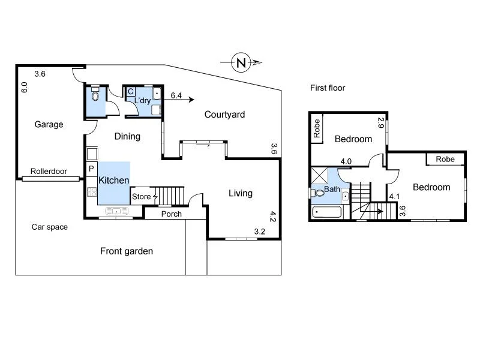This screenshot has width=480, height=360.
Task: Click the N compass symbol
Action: (241, 62)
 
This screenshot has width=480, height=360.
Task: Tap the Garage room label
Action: (49, 124)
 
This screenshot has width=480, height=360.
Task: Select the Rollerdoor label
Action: (49, 171)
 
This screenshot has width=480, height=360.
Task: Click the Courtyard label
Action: (224, 115)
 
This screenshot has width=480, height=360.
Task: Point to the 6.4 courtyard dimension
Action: (176, 95)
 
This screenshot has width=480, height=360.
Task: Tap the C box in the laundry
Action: (131, 92)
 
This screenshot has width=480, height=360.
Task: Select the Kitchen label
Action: (113, 180)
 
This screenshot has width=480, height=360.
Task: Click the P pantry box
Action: (91, 169)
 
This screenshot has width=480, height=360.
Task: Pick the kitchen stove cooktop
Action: (92, 191)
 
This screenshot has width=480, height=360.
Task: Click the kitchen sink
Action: (116, 211)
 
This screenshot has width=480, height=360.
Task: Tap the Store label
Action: (141, 197)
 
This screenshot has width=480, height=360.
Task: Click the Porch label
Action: (172, 214)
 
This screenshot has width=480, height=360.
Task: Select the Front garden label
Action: (127, 251)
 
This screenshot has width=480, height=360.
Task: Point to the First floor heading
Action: (328, 88)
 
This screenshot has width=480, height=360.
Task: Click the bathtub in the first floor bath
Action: (326, 212)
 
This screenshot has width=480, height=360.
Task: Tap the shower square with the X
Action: (319, 175)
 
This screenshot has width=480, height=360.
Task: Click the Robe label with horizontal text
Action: (445, 159)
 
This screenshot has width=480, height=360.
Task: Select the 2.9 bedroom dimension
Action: (380, 123)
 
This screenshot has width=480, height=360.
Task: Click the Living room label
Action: (241, 193)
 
